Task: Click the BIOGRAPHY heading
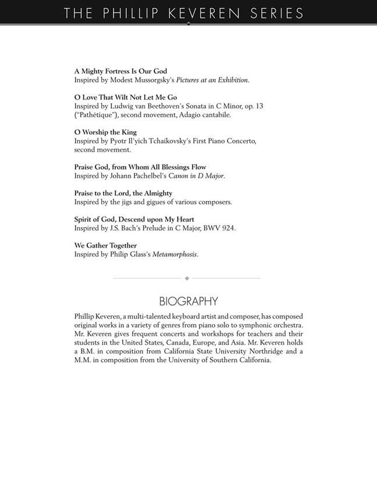point(188,301)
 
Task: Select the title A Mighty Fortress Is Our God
point(120,71)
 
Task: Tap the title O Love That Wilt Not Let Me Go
point(126,97)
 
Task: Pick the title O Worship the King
point(105,132)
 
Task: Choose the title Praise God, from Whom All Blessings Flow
point(140,167)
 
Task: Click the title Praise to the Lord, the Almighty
point(123,193)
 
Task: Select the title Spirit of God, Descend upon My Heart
point(134,219)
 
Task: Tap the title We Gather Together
point(105,245)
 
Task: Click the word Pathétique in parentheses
point(95,115)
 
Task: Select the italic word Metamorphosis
point(175,254)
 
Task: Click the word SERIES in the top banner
point(278,13)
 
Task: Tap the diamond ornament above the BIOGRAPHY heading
point(187,278)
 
